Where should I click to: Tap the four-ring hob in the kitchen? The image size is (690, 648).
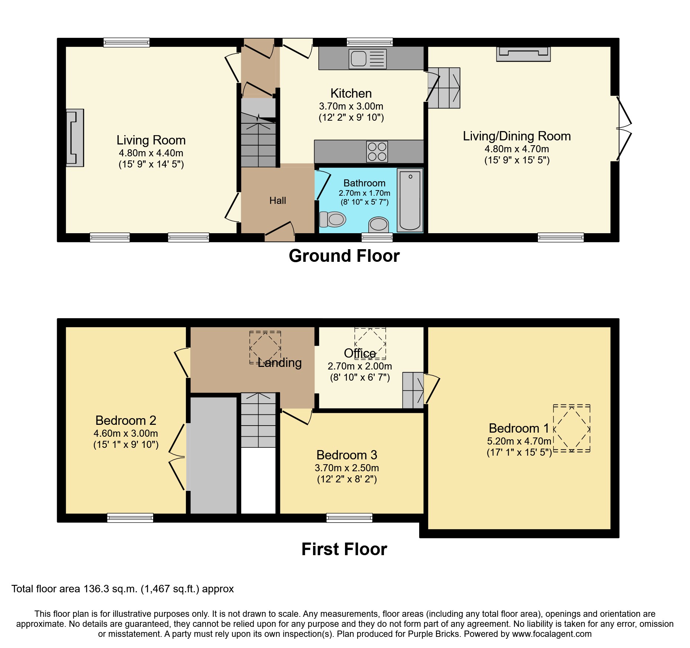(377, 152)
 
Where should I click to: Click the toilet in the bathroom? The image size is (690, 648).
(333, 219)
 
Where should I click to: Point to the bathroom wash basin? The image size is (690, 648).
(378, 224)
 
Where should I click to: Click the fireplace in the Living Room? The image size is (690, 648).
(75, 138)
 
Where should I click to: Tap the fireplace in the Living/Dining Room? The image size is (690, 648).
(523, 54)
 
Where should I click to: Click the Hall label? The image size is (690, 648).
(277, 201)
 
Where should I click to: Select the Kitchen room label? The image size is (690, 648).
(351, 94)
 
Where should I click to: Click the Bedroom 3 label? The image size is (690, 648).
(346, 455)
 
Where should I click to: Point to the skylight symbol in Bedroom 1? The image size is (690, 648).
(571, 429)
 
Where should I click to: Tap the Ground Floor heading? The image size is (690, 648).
(344, 256)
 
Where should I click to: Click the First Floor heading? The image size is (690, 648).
(344, 549)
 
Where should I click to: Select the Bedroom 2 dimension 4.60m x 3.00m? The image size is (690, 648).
(126, 433)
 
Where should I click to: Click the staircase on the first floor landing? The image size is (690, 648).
(258, 420)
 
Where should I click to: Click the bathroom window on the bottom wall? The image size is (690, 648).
(377, 237)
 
